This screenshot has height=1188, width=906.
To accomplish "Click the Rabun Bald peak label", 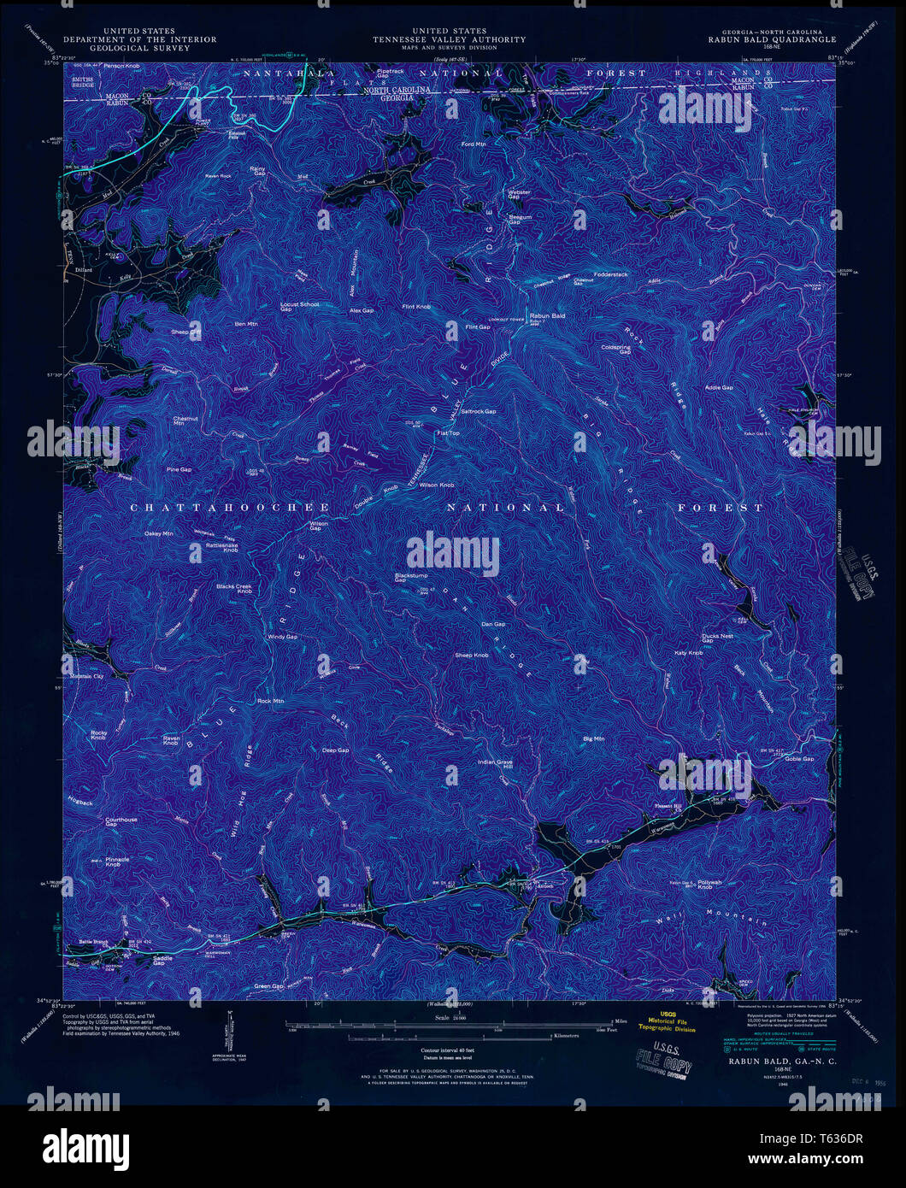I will tap(548, 315).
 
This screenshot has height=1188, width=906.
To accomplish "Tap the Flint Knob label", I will tap(417, 306).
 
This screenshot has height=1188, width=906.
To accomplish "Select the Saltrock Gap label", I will tap(478, 411).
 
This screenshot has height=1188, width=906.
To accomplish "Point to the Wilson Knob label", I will tap(436, 485).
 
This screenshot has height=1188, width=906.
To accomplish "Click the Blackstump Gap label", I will tap(411, 578).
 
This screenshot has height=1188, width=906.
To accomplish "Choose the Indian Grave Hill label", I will tap(495, 763).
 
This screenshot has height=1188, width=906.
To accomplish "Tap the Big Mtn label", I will tap(593, 738).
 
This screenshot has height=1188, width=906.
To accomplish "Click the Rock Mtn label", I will tap(270, 701).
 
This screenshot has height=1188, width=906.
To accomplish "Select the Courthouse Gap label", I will tap(121, 822).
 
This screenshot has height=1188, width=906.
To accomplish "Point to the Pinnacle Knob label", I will tap(117, 862).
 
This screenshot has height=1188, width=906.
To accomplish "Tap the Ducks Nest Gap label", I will tap(716, 638).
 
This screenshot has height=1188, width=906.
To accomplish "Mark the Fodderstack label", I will tap(609, 274).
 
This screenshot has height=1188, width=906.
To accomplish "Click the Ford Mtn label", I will tap(474, 144).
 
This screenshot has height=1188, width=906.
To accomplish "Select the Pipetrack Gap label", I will tap(390, 73).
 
